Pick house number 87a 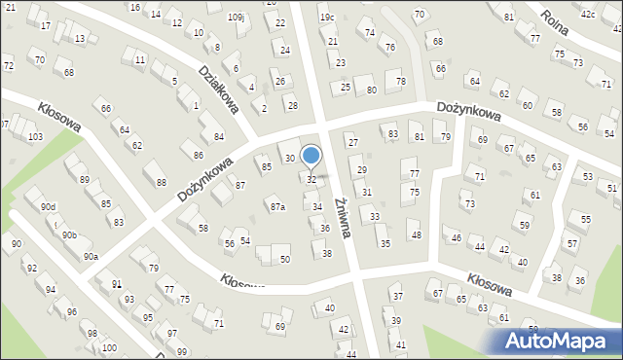point(278,206)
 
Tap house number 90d point(48,206)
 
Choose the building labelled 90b point(68,234)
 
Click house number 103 point(35,136)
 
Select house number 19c point(327,17)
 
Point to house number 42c point(588,15)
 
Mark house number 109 point(235,18)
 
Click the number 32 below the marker point(311,180)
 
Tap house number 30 point(289,158)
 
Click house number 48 point(416,234)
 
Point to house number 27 point(352,143)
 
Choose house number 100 point(108,347)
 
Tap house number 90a point(90,256)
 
